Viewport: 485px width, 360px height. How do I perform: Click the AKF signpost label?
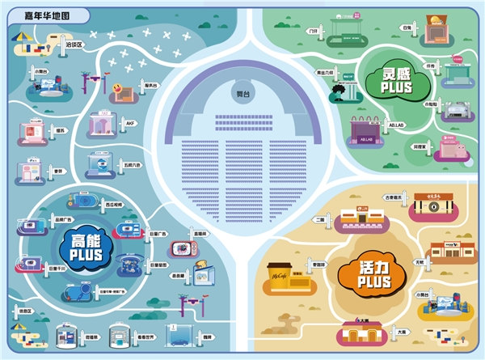coord(129,124)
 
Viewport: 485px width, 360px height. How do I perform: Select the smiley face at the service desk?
coord(120,86)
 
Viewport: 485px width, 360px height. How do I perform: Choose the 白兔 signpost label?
coord(406,28)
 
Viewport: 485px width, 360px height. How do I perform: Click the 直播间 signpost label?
coord(200,233)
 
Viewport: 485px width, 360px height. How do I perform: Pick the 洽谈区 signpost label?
coord(74,44)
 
